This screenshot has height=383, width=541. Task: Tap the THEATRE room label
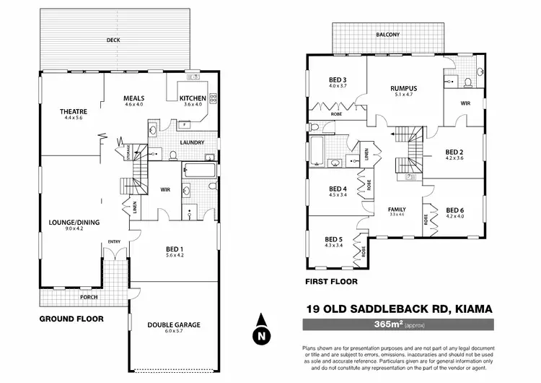74,111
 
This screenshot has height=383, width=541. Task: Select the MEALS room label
135,98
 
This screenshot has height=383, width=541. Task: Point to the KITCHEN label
193,98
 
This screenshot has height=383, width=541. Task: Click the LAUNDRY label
193,142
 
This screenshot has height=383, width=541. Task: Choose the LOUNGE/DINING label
74,222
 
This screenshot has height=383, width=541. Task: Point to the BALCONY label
387,35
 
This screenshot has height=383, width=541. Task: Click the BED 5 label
333,239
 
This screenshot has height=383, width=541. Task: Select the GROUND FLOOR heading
71,318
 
